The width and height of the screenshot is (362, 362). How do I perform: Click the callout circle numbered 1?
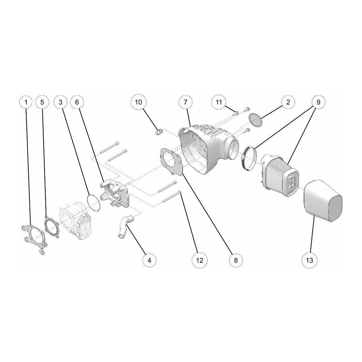[x=26, y=102]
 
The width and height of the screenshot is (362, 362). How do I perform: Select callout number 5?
[x=42, y=102]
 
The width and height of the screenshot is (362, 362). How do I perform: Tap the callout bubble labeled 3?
[x=61, y=102]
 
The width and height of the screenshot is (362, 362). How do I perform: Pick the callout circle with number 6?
[x=77, y=102]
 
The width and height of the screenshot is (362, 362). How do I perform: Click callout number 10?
[x=139, y=102]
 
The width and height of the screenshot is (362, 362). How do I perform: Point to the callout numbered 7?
[x=186, y=102]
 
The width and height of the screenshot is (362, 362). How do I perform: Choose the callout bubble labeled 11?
[x=219, y=102]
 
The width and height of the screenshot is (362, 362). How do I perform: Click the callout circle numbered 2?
[x=288, y=102]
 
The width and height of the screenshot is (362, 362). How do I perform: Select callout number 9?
[x=318, y=102]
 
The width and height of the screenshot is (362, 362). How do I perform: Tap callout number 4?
[x=149, y=260]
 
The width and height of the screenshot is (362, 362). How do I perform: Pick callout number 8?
[x=236, y=260]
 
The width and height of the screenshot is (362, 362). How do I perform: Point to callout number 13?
[x=309, y=260]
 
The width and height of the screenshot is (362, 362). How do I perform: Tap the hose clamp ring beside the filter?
[x=249, y=158]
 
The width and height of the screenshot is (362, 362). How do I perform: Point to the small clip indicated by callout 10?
[x=159, y=132]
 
